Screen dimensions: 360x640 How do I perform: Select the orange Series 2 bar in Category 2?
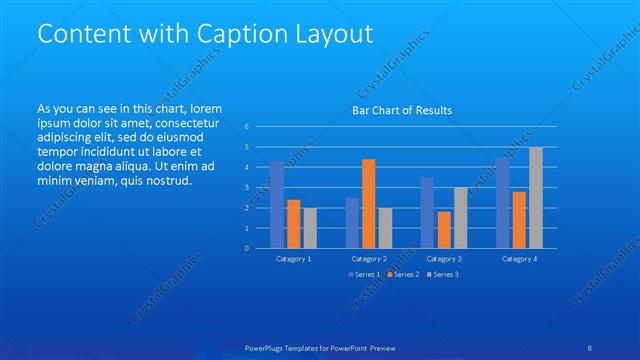point(368,203)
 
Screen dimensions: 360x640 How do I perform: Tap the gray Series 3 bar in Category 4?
point(536,198)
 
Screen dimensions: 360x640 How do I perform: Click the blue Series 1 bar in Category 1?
point(277,205)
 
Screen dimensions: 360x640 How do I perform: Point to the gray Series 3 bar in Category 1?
point(309,228)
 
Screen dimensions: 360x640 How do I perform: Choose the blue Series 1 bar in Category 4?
point(502,203)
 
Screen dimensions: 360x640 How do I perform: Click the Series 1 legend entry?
point(364,274)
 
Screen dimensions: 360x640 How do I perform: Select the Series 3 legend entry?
point(443,274)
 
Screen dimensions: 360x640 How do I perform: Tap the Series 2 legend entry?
point(403,274)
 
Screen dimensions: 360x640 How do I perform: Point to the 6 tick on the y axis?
point(248,127)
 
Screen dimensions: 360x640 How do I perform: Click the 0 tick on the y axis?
point(248,248)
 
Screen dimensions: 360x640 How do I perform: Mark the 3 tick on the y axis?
point(248,188)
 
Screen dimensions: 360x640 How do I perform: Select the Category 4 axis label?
point(519,259)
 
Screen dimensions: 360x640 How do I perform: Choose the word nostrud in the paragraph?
point(164,180)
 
